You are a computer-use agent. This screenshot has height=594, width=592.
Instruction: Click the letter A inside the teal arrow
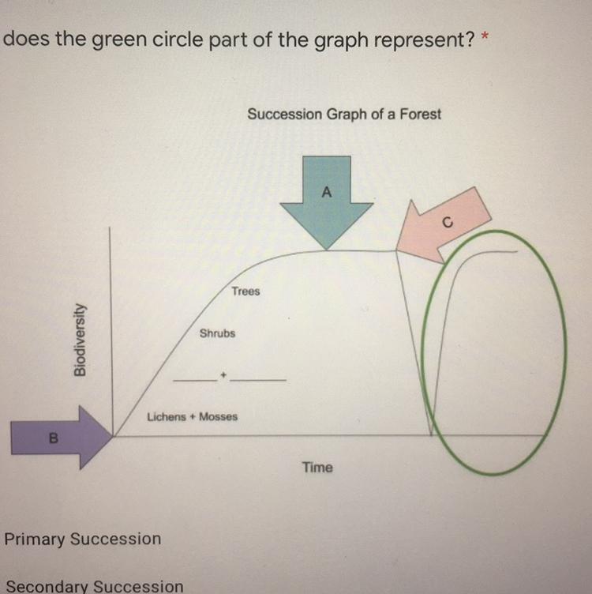[x=327, y=192]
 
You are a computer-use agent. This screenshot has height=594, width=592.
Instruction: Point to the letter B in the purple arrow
[x=54, y=438]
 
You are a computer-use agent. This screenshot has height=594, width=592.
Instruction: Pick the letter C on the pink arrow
[x=448, y=223]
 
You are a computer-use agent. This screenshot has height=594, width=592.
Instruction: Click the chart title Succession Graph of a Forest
[x=344, y=114]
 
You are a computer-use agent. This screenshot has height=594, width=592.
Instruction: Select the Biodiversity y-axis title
[x=80, y=340]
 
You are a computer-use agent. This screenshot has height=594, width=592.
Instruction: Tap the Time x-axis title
[x=317, y=468]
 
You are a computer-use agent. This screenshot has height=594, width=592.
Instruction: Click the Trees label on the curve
[x=246, y=291]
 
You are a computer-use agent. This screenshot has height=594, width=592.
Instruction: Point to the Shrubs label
[x=217, y=333]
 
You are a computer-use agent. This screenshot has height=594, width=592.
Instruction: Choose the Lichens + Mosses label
[x=193, y=417]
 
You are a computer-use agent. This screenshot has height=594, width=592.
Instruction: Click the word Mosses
[x=219, y=417]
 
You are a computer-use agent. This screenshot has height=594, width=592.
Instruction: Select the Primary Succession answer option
[x=83, y=539]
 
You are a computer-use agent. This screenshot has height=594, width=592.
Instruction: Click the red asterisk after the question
[x=485, y=36]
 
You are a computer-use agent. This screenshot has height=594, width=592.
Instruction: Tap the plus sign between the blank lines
[x=223, y=375]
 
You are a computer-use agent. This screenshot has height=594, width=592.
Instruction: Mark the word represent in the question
[x=424, y=40]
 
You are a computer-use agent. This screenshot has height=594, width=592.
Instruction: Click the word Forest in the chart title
[x=421, y=114]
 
